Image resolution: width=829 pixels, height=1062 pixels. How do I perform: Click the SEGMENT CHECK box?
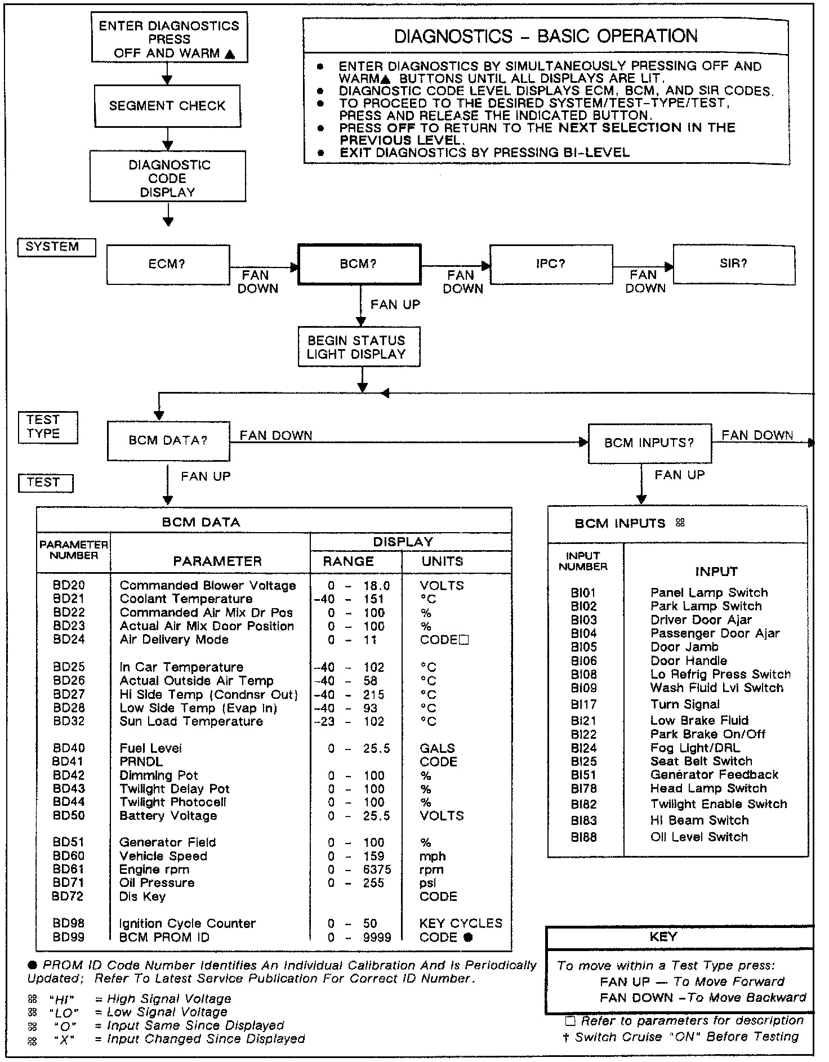167,106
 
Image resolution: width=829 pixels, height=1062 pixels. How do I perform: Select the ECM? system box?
168,264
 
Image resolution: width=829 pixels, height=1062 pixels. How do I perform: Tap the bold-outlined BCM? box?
359,264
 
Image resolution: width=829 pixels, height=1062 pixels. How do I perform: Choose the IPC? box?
551,264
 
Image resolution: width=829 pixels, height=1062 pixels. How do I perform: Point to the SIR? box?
734,264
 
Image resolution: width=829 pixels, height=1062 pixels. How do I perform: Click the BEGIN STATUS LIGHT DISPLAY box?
359,347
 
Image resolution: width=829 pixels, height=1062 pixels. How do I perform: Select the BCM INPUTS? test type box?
649,443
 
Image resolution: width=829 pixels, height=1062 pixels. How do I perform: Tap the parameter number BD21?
69,599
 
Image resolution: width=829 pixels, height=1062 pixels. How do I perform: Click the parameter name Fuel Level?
150,748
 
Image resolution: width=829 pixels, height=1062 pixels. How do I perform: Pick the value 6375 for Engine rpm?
377,869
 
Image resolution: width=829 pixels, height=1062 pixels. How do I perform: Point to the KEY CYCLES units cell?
461,923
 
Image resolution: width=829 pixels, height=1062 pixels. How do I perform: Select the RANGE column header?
348,561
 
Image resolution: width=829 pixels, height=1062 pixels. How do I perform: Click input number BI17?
583,704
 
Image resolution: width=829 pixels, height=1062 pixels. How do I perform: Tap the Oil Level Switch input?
699,837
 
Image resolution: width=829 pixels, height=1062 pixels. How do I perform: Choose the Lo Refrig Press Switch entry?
720,674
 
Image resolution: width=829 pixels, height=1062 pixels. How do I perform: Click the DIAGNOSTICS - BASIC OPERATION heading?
545,36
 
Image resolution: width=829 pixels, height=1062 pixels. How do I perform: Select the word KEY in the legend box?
663,936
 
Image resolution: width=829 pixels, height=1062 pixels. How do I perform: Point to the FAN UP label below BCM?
395,305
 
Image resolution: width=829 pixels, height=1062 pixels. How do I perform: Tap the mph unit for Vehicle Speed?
433,856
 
